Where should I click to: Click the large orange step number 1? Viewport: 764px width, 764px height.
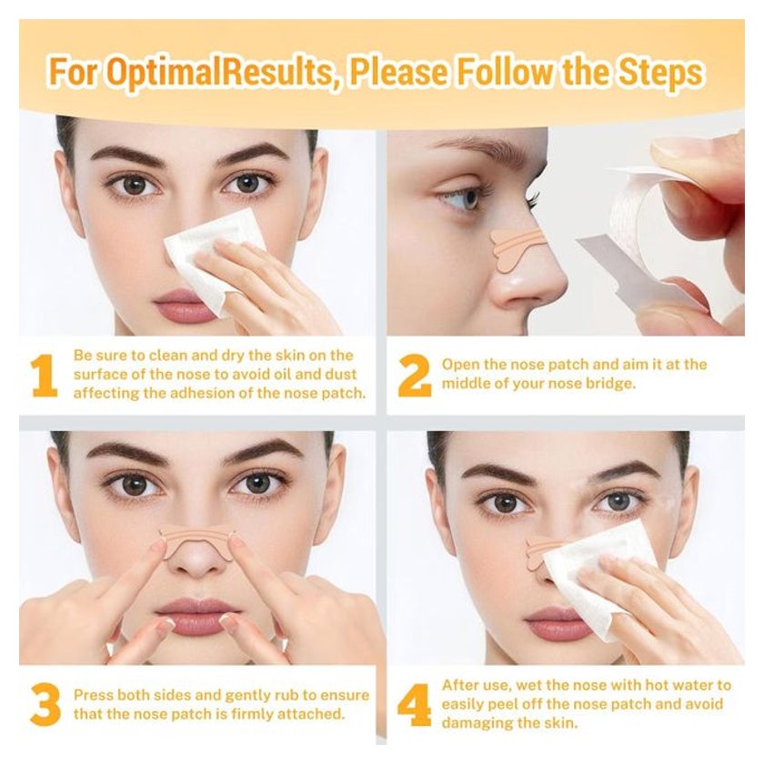pyautogui.click(x=45, y=375)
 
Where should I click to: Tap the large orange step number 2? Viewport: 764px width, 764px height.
pyautogui.click(x=414, y=375)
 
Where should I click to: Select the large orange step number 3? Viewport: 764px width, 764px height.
pyautogui.click(x=45, y=705)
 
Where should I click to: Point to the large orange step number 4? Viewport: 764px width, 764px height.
pyautogui.click(x=414, y=705)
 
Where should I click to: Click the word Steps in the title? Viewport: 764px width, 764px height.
pyautogui.click(x=660, y=72)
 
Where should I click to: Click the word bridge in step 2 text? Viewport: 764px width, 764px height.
pyautogui.click(x=611, y=384)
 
